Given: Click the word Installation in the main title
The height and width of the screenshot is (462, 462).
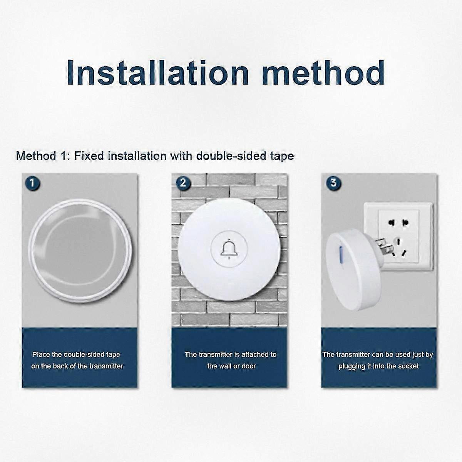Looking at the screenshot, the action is (x=157, y=72).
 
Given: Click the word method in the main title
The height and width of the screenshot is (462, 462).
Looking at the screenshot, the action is (x=323, y=72).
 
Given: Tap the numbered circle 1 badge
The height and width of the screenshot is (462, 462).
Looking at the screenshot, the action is (x=32, y=184).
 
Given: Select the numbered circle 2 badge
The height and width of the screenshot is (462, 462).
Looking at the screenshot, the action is (x=183, y=183).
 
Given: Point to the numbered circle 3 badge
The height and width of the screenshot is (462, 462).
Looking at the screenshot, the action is (x=333, y=183).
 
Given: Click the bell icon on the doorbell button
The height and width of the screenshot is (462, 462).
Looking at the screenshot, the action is (x=229, y=249).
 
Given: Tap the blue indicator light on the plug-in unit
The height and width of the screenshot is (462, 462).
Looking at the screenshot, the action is (x=341, y=254).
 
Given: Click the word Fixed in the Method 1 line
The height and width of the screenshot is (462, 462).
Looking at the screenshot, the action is (x=89, y=156).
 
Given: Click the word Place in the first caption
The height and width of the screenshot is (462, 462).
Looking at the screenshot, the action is (x=41, y=354).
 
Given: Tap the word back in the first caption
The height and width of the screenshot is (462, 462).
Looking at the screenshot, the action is (x=60, y=366).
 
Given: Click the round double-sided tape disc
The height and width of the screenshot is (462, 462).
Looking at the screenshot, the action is (x=80, y=250).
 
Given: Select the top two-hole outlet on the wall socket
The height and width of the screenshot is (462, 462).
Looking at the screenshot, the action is (x=398, y=223).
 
